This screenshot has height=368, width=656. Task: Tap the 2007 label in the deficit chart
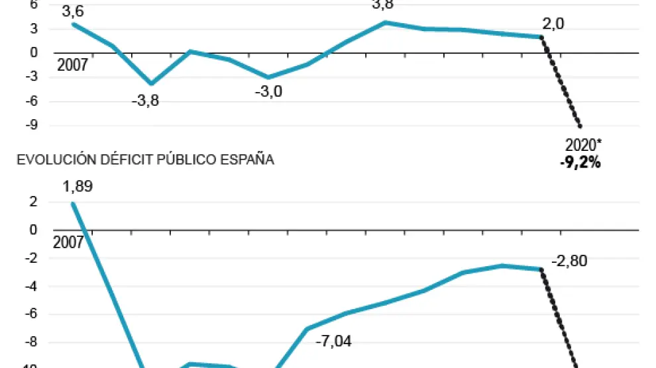tap(68, 243)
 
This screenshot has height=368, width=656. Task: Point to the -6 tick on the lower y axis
tap(30, 314)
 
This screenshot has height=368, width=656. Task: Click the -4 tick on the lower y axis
tap(30, 287)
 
